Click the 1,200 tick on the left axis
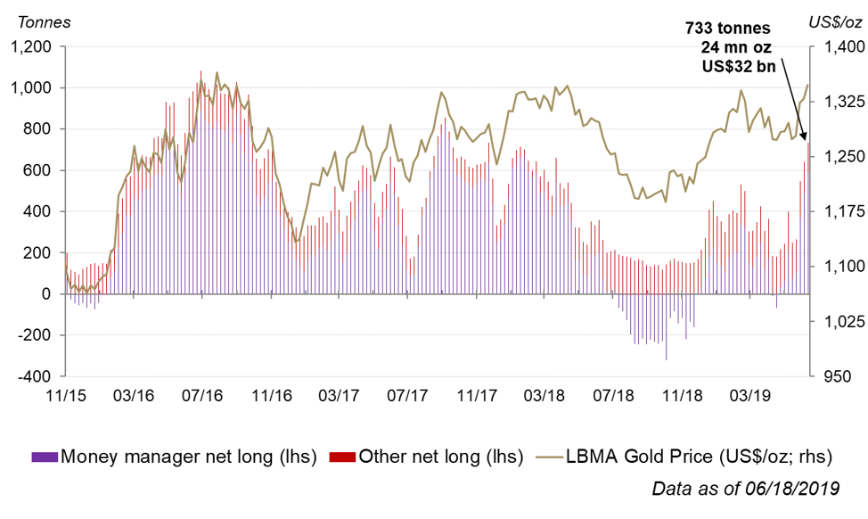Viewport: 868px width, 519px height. [x=32, y=46]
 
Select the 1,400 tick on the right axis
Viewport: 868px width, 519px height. [x=839, y=46]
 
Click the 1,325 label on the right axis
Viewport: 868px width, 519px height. [x=839, y=101]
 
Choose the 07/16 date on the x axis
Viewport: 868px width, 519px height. [x=202, y=394]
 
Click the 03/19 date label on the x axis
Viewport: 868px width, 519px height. [x=749, y=394]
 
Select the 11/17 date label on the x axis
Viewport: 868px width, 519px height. [x=476, y=394]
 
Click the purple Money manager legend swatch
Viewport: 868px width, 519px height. [x=45, y=457]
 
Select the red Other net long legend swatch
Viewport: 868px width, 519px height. [x=343, y=457]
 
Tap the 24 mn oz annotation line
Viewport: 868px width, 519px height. [x=738, y=46]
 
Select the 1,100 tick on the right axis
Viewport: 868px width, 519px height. [x=839, y=266]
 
